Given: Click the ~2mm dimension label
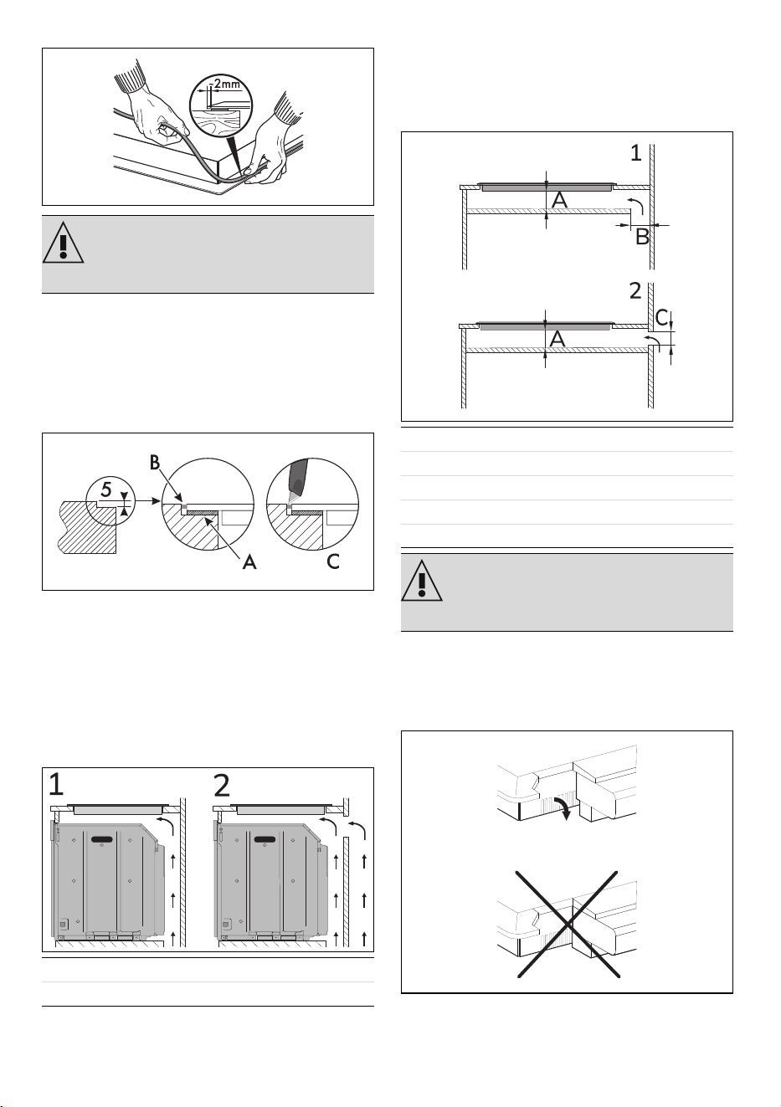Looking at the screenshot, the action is [x=226, y=84].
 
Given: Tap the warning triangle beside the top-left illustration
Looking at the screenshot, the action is [x=63, y=243].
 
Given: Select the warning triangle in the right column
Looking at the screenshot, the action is [x=422, y=581].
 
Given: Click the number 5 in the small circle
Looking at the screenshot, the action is [x=106, y=489].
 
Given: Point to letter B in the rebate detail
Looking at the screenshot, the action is [x=155, y=463].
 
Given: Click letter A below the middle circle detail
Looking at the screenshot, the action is [x=249, y=562].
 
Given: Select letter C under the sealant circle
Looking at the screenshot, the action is [x=334, y=561].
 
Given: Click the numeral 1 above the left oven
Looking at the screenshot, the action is [x=57, y=785].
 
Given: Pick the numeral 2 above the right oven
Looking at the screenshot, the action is [x=223, y=785].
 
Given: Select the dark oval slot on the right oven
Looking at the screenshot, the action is [x=266, y=839].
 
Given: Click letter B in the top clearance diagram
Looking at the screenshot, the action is [x=642, y=237].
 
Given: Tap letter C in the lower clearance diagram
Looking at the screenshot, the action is [x=662, y=318].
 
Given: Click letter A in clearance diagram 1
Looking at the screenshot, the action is [x=559, y=200].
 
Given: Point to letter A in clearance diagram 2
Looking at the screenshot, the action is [x=557, y=339].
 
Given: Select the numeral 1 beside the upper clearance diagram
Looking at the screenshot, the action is [x=636, y=153].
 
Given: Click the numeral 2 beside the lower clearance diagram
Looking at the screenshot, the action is [x=635, y=291].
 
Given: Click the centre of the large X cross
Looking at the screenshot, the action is [x=568, y=924].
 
